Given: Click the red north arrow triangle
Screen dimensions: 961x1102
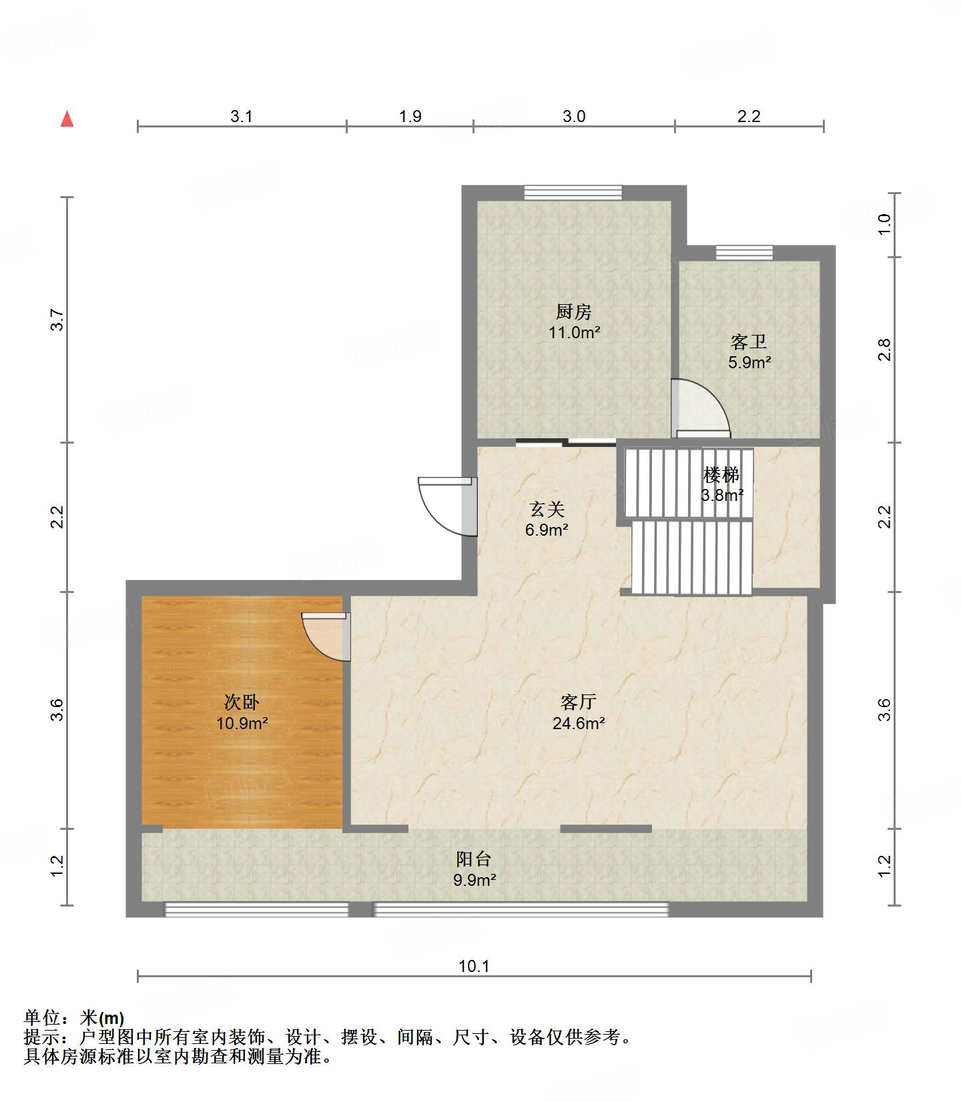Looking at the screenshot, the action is [67, 119].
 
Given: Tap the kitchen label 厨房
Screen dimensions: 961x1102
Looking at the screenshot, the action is [573, 312].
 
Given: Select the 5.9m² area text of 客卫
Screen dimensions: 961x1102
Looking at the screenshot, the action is [749, 362].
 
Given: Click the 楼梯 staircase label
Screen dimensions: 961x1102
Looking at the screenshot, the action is [721, 475].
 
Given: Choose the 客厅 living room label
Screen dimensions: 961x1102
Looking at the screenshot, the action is [578, 702].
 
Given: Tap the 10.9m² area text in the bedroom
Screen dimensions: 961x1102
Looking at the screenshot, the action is [242, 723].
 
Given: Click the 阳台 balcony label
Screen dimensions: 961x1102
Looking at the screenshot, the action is [474, 859].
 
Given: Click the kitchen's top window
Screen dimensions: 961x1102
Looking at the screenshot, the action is [573, 193].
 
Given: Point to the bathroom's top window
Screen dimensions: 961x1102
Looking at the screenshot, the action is [744, 252].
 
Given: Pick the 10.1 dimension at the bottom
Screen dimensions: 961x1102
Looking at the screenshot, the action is [474, 966].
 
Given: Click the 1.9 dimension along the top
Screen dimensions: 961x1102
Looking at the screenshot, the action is [410, 116].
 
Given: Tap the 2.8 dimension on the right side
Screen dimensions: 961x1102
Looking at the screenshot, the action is [884, 350].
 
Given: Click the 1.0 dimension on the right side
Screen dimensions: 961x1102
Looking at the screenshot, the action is [884, 224].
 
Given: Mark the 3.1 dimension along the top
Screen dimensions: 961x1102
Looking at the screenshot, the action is [242, 116].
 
